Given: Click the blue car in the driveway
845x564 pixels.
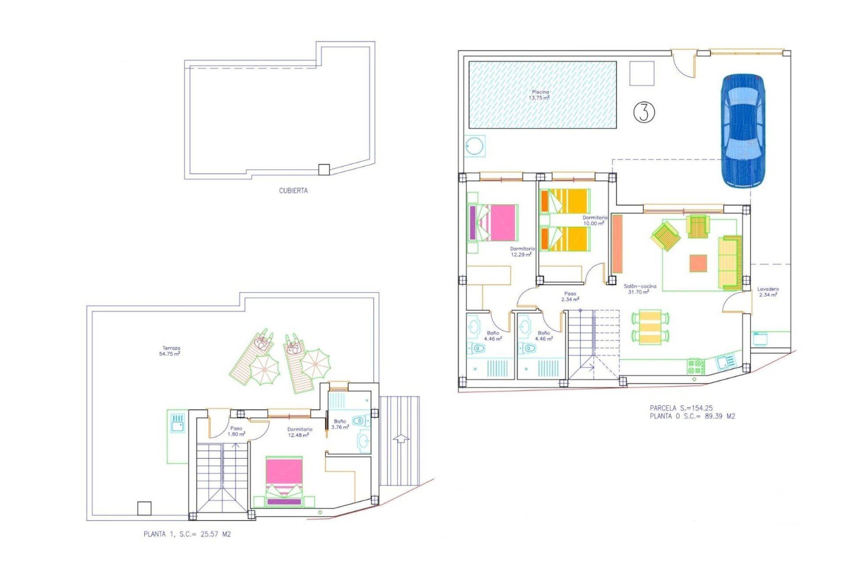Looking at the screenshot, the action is [742, 131].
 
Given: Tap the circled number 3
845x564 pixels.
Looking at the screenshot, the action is [644, 112].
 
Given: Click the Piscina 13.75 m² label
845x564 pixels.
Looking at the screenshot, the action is [540, 95].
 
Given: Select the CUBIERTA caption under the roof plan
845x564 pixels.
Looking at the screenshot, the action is [293, 190].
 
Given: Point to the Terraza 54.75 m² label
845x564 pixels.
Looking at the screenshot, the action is [170, 351].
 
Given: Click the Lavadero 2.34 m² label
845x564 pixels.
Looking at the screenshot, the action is [768, 292].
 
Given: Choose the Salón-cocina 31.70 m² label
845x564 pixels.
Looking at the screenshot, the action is [640, 289].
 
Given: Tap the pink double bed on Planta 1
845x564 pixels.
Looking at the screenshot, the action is [284, 481].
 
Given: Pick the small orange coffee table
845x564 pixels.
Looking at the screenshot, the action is [698, 263].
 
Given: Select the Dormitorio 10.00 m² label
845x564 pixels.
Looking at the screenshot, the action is [595, 220].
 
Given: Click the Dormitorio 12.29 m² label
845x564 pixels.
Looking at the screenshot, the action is [522, 252].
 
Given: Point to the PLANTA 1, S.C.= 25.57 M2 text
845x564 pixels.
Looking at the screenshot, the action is [187, 534].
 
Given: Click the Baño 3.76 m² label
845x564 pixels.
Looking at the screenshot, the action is [340, 424].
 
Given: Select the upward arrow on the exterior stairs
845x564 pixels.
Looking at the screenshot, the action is [400, 438].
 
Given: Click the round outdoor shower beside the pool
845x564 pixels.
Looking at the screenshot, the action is [474, 146].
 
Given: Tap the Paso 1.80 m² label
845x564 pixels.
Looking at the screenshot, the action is [236, 431].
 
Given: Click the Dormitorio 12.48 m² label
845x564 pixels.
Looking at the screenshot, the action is [299, 432].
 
